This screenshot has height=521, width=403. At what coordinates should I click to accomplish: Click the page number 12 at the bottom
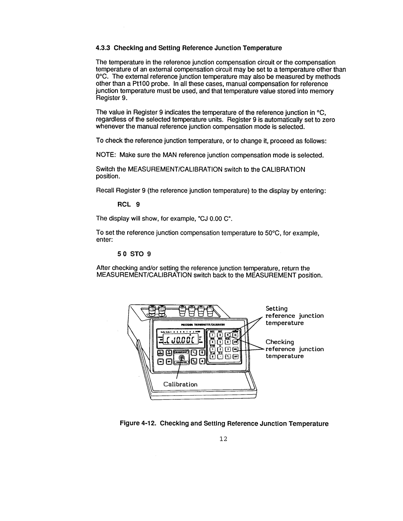pyautogui.click(x=223, y=440)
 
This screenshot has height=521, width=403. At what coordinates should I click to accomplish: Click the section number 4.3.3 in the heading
pyautogui.click(x=104, y=48)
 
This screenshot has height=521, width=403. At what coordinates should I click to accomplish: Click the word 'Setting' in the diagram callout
pyautogui.click(x=277, y=309)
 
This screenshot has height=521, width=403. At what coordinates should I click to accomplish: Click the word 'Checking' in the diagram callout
pyautogui.click(x=280, y=342)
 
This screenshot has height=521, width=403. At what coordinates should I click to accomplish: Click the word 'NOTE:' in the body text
pyautogui.click(x=105, y=155)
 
